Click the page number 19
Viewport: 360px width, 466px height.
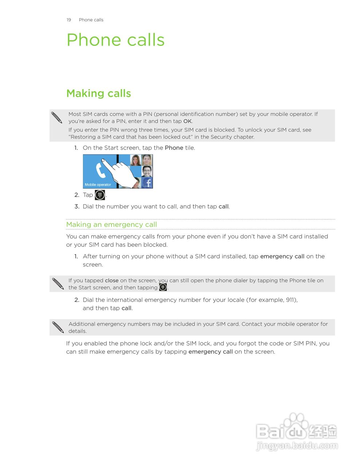pos(69,20)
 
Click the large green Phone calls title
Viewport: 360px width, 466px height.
pos(115,40)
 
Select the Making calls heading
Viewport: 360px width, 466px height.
pos(98,94)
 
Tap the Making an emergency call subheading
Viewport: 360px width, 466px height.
pos(111,225)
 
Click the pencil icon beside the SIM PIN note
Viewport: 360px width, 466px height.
pos(57,118)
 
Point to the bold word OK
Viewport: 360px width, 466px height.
pos(187,121)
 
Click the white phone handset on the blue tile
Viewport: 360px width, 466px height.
pos(100,171)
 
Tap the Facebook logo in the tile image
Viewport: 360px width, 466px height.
pos(147,183)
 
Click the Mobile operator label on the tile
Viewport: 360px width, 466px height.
pos(98,185)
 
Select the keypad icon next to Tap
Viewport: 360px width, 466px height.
pos(100,195)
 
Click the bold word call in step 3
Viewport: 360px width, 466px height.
pos(223,206)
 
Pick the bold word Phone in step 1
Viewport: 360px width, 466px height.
pos(174,148)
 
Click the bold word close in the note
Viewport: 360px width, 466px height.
pos(112,280)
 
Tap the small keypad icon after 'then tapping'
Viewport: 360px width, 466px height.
pos(163,287)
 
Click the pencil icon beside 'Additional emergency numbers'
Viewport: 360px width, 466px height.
pos(58,327)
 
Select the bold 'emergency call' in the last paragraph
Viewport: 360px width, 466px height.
pos(210,352)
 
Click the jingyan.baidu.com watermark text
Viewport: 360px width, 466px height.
pos(297,446)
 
